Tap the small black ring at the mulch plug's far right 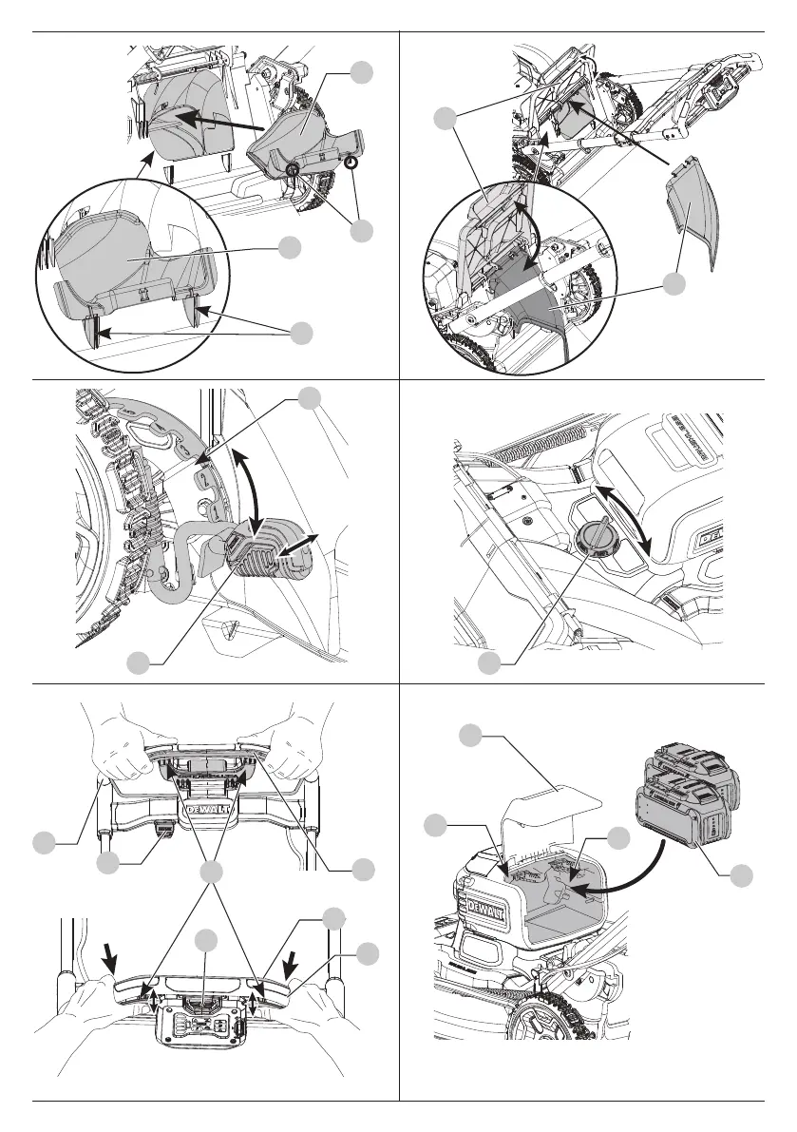coord(351,163)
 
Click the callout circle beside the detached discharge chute coord(674,284)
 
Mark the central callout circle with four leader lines coord(211,872)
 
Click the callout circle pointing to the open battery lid coord(469,737)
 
